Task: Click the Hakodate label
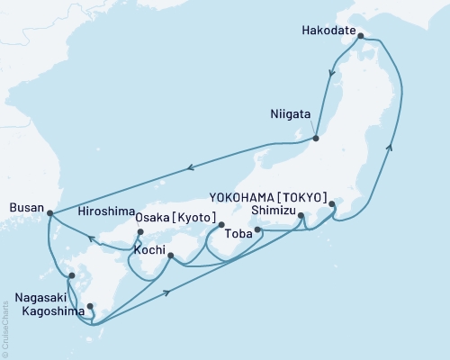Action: tap(329, 27)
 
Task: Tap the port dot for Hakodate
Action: tap(361, 37)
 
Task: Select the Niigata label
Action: tap(291, 115)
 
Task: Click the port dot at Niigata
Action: tap(317, 138)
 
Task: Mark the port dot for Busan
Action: tap(49, 213)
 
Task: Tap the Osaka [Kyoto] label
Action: tap(174, 218)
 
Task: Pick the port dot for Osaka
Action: tap(220, 224)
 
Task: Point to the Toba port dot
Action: tap(258, 230)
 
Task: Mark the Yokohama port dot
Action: tap(332, 204)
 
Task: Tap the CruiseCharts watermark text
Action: tap(7, 328)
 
